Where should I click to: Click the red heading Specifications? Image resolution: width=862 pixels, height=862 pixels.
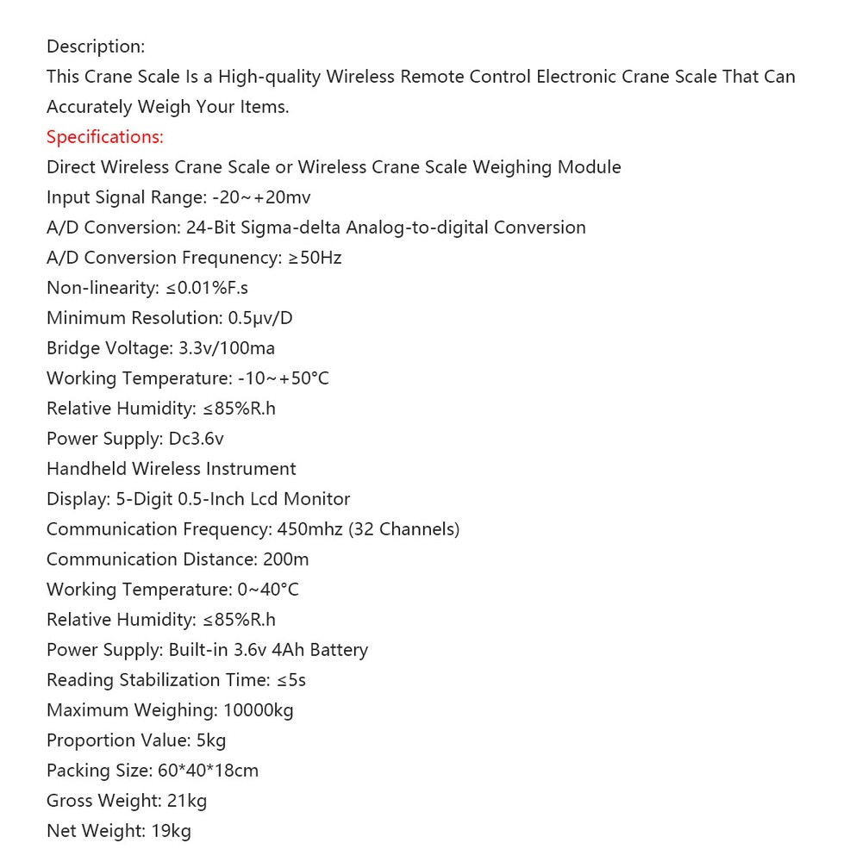pos(104,137)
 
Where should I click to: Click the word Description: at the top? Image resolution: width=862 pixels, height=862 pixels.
pos(96,47)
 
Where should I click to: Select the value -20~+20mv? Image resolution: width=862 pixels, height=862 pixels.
pos(261,197)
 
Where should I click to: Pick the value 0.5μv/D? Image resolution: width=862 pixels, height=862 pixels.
pos(260,318)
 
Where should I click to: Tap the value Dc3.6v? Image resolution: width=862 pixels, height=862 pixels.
pos(196,439)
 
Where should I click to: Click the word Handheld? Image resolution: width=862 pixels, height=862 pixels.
pos(86,469)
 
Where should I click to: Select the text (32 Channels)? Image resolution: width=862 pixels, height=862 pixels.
pos(404,529)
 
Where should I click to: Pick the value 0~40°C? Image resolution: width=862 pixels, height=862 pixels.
pos(268,590)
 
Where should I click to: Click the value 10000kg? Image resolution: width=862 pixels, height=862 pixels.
pos(258,710)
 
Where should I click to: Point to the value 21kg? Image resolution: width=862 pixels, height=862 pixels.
pos(187,801)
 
